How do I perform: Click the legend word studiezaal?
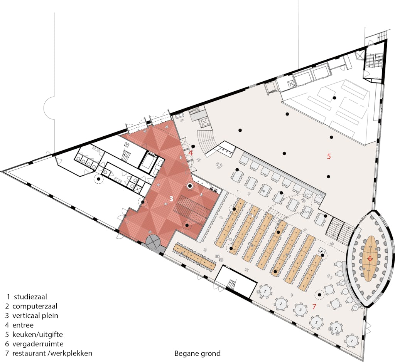tap(30, 297)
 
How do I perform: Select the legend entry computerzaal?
tap(35, 306)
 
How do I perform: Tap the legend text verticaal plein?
tap(35, 315)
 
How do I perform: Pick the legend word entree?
tap(23, 325)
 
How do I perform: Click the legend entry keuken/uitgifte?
tap(37, 335)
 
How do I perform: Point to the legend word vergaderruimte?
tap(38, 344)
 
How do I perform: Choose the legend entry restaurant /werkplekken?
tap(52, 353)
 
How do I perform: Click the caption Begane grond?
tap(197, 354)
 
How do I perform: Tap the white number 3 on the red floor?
tap(171, 199)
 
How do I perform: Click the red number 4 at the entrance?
tap(191, 153)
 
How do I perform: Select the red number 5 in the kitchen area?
tap(329, 156)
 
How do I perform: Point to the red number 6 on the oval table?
tap(370, 258)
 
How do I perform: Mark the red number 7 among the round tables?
tap(314, 307)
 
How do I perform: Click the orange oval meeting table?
tap(370, 259)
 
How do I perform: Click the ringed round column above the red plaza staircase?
tap(190, 186)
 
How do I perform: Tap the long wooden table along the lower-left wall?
tap(195, 256)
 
